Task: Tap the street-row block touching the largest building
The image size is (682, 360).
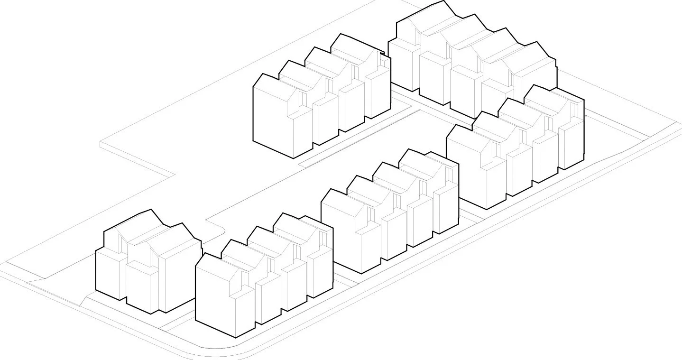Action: (515, 147)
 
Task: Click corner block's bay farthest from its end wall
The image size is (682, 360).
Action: (320, 273)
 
